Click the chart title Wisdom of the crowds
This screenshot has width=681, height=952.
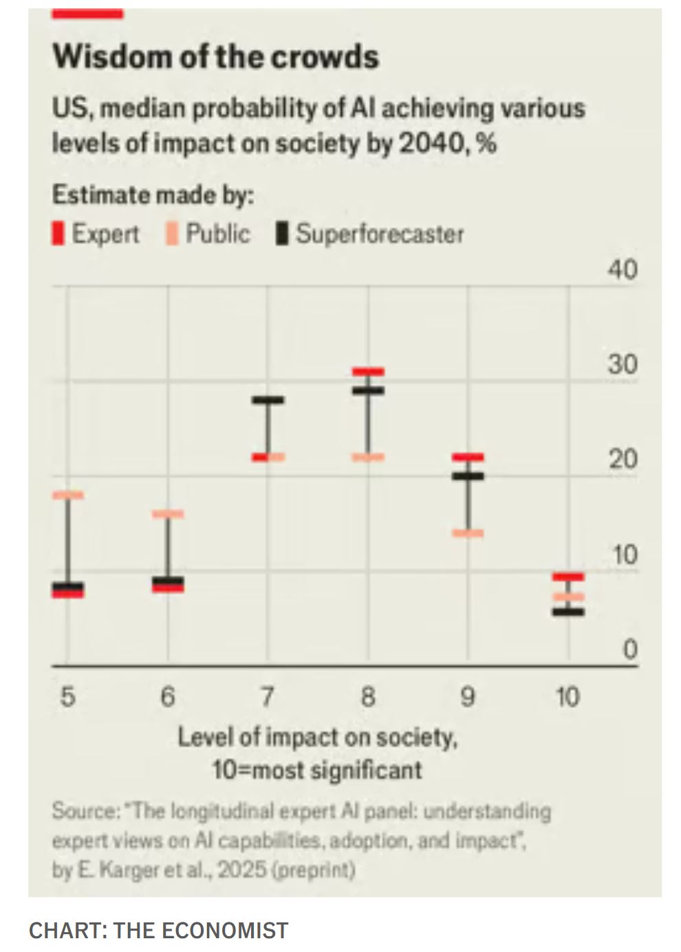tap(215, 56)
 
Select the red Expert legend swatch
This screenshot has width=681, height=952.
tap(58, 234)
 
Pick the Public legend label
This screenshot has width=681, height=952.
tap(217, 234)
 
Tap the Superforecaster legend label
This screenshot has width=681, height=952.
tap(380, 234)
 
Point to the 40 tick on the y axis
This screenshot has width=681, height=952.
tap(622, 270)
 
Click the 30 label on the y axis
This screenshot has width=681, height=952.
tap(622, 364)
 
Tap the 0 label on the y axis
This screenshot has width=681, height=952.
tap(629, 649)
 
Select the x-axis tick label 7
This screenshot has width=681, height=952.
tap(268, 697)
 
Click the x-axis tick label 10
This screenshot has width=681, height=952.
tap(567, 697)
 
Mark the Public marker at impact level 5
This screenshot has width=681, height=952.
tap(68, 495)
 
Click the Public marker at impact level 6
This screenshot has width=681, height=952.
tap(168, 514)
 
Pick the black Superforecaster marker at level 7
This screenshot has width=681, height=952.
tap(268, 400)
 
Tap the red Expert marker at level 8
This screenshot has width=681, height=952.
tap(368, 371)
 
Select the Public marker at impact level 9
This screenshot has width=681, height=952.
tap(468, 533)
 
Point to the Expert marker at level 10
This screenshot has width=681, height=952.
tap(568, 577)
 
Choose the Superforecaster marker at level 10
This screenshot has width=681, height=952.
tap(568, 612)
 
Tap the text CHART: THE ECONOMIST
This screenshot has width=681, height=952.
tap(158, 930)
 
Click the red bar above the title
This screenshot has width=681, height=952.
tap(88, 14)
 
